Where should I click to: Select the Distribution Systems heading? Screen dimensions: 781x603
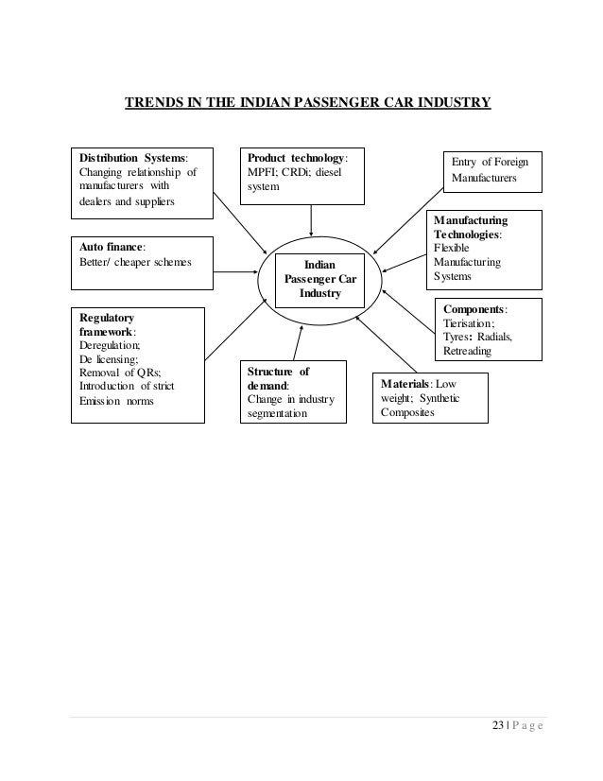click(x=131, y=156)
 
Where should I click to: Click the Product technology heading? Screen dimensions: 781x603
click(x=296, y=156)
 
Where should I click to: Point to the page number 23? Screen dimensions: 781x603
click(x=499, y=725)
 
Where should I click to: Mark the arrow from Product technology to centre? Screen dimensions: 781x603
click(x=311, y=219)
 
